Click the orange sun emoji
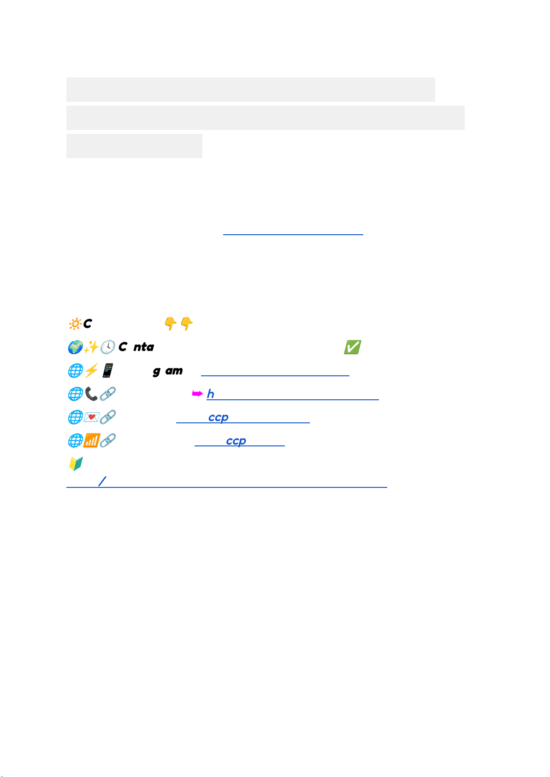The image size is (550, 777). [x=75, y=324]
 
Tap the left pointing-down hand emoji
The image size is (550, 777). [x=171, y=323]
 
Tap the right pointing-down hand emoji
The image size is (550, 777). [x=186, y=323]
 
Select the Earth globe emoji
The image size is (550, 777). [x=75, y=347]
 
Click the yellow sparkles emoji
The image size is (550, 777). [x=91, y=347]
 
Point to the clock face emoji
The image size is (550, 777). [x=107, y=347]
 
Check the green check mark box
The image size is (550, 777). [x=352, y=347]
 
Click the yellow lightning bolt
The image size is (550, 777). [x=91, y=370]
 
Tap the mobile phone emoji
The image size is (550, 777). [x=107, y=370]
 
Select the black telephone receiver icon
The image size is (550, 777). [x=91, y=394]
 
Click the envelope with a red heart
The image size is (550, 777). [x=91, y=417]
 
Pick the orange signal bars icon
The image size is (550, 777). [x=91, y=440]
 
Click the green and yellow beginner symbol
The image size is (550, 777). [x=76, y=463]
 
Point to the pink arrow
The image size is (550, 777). [x=197, y=394]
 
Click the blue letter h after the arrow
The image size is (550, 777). [x=211, y=394]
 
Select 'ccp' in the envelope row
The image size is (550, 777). [x=218, y=417]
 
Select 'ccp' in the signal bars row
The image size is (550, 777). [x=236, y=441]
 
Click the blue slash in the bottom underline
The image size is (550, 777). [x=102, y=481]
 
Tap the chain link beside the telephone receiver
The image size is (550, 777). [x=107, y=394]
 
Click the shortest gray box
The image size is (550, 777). [x=134, y=146]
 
